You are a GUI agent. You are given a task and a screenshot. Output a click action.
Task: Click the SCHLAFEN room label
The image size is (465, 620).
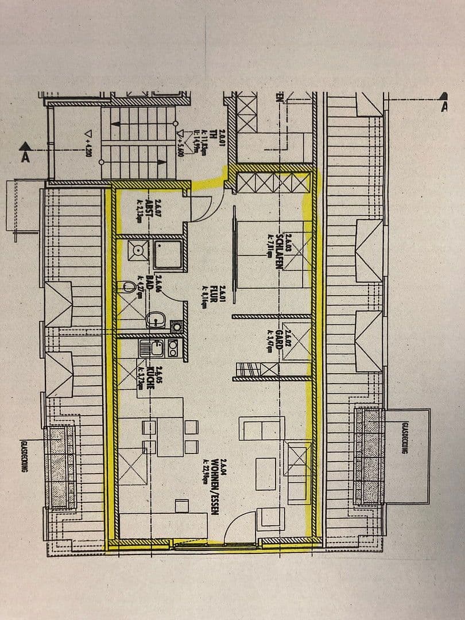280,246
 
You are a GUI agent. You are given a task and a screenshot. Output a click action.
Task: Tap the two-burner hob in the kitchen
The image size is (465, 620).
172,347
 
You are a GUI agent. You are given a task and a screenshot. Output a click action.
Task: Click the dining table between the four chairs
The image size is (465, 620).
170,436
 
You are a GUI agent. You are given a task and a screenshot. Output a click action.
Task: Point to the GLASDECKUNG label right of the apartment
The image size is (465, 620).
406,439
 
